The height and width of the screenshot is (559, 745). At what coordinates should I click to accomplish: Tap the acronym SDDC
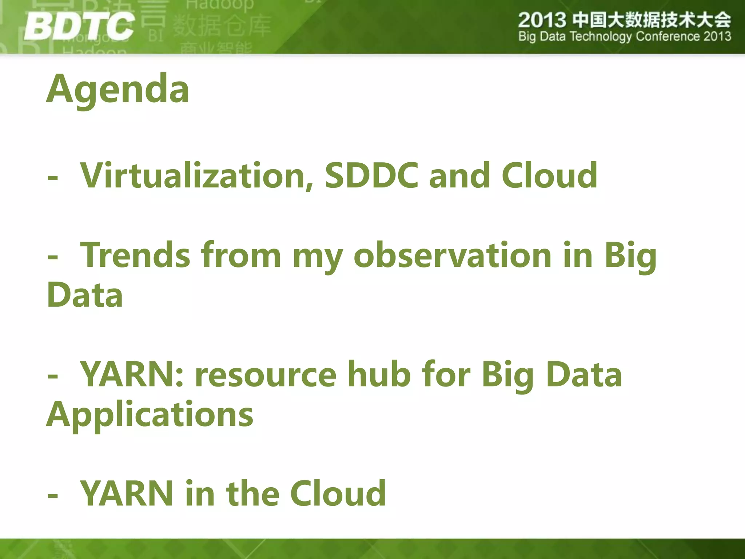tap(371, 175)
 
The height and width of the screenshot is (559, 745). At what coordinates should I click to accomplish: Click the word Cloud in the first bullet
tap(549, 175)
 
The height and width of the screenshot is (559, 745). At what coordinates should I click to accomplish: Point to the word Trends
tap(135, 255)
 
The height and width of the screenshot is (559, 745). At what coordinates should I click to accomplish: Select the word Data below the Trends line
tap(85, 295)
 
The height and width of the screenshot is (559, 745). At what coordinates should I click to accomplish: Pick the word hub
tap(379, 374)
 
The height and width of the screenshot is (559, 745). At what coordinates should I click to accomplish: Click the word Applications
tap(150, 415)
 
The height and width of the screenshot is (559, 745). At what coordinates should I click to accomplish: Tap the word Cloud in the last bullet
tap(338, 493)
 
